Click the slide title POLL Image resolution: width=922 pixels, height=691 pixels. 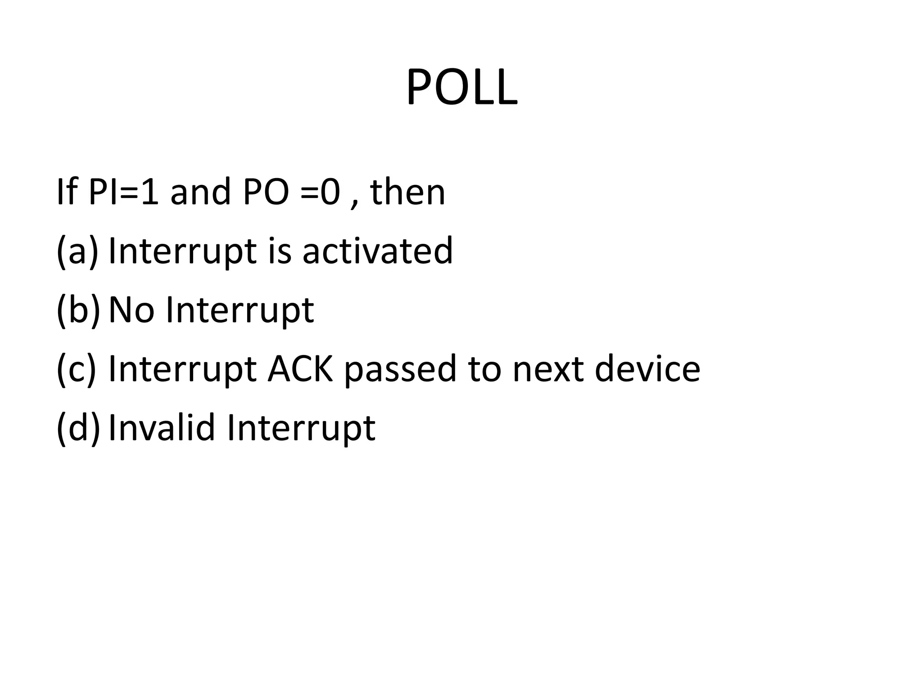pyautogui.click(x=461, y=88)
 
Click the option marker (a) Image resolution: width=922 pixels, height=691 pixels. pyautogui.click(x=77, y=251)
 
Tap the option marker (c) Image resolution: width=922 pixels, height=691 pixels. pyautogui.click(x=76, y=368)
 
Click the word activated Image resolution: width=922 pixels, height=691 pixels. pyautogui.click(x=377, y=251)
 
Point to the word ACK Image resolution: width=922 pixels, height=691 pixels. pyautogui.click(x=300, y=368)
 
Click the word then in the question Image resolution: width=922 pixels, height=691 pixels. pyautogui.click(x=407, y=192)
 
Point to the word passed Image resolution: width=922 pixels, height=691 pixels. pyautogui.click(x=400, y=368)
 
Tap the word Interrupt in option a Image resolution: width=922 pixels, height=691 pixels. pyautogui.click(x=182, y=251)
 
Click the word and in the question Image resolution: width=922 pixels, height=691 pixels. pyautogui.click(x=200, y=192)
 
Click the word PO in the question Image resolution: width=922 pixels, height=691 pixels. pyautogui.click(x=265, y=192)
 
